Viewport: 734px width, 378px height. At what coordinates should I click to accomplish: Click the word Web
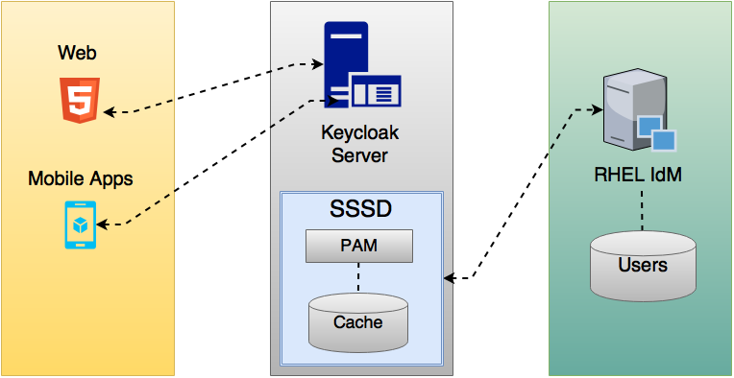[77, 53]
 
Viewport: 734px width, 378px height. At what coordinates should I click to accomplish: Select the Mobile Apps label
[80, 178]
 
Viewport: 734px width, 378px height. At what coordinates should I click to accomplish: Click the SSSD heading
[360, 207]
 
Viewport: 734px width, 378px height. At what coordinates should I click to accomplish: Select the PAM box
[358, 246]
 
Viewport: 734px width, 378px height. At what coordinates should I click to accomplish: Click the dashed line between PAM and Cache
[358, 278]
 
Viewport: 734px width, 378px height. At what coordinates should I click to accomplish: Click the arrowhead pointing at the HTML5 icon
[110, 112]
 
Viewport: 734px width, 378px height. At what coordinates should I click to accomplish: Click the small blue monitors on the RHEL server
[656, 131]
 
